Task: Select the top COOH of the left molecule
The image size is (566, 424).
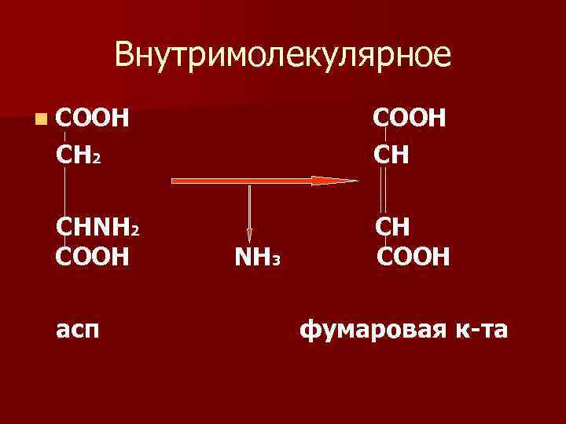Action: [x=94, y=119]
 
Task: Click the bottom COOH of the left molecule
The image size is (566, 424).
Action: [x=93, y=256]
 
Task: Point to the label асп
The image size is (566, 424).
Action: [x=78, y=331]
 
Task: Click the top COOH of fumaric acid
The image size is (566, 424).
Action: [x=410, y=119]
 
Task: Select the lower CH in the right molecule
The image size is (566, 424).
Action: [x=393, y=228]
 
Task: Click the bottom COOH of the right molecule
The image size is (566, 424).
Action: [x=413, y=256]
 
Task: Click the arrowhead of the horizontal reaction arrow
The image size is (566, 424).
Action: [x=334, y=181]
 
